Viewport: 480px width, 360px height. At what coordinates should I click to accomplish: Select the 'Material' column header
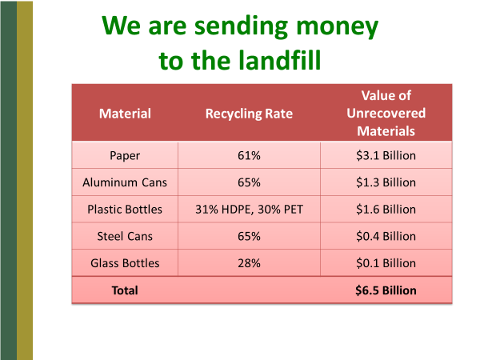(x=125, y=114)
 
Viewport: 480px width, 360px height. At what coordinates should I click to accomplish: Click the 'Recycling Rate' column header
(x=249, y=114)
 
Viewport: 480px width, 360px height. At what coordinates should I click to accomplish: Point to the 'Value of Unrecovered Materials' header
(x=386, y=113)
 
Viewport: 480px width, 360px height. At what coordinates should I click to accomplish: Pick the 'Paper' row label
(x=125, y=156)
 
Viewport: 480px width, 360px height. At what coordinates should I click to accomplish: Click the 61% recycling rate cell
(x=249, y=155)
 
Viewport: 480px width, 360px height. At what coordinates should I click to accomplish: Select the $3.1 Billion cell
(x=386, y=155)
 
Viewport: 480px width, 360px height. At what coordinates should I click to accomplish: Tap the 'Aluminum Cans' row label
(x=125, y=182)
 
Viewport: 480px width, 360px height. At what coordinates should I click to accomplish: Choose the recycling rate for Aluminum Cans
(x=249, y=182)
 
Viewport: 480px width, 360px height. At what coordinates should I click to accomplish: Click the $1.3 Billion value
(x=386, y=182)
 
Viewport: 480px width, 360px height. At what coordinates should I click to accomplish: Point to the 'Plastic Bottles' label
(x=125, y=210)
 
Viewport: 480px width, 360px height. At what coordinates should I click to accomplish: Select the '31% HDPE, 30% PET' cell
(x=249, y=210)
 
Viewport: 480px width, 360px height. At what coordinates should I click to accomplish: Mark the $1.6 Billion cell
(x=386, y=210)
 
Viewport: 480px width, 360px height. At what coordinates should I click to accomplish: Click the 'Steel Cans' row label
(x=125, y=236)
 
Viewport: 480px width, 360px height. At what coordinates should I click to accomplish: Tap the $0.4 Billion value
(x=386, y=236)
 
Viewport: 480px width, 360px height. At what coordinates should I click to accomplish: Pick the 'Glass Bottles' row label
(x=125, y=263)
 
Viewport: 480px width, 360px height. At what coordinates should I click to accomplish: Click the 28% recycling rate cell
(x=249, y=263)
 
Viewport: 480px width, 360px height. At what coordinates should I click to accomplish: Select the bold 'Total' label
(x=125, y=290)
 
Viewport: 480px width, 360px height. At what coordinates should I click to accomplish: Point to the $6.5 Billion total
(x=386, y=290)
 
